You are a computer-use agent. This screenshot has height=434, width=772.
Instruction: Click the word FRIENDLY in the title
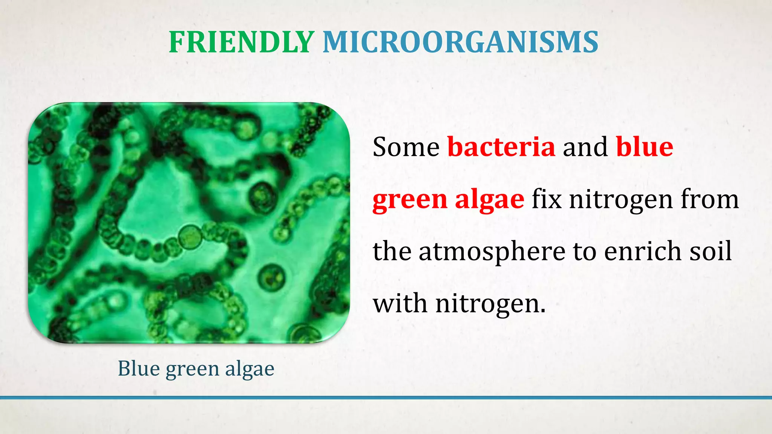click(x=241, y=42)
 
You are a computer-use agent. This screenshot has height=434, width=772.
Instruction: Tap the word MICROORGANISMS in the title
click(x=460, y=42)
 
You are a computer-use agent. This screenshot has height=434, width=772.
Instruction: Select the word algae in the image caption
click(x=250, y=368)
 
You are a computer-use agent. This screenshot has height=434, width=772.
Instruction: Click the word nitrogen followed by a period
click(x=490, y=304)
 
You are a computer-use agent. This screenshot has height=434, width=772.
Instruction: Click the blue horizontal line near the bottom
click(x=386, y=397)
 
